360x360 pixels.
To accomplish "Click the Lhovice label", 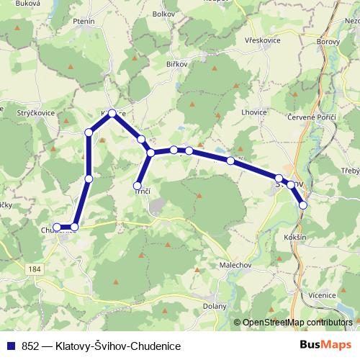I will [x=254, y=112].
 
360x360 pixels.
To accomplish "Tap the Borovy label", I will [x=328, y=42].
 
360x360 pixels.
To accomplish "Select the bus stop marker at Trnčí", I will [x=138, y=186].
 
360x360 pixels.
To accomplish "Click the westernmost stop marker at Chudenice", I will [x=57, y=228].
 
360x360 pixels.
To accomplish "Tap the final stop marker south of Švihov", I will [x=303, y=205].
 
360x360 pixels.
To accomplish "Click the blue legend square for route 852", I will [x=13, y=346].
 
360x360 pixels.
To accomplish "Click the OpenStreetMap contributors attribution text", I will [x=295, y=323].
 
